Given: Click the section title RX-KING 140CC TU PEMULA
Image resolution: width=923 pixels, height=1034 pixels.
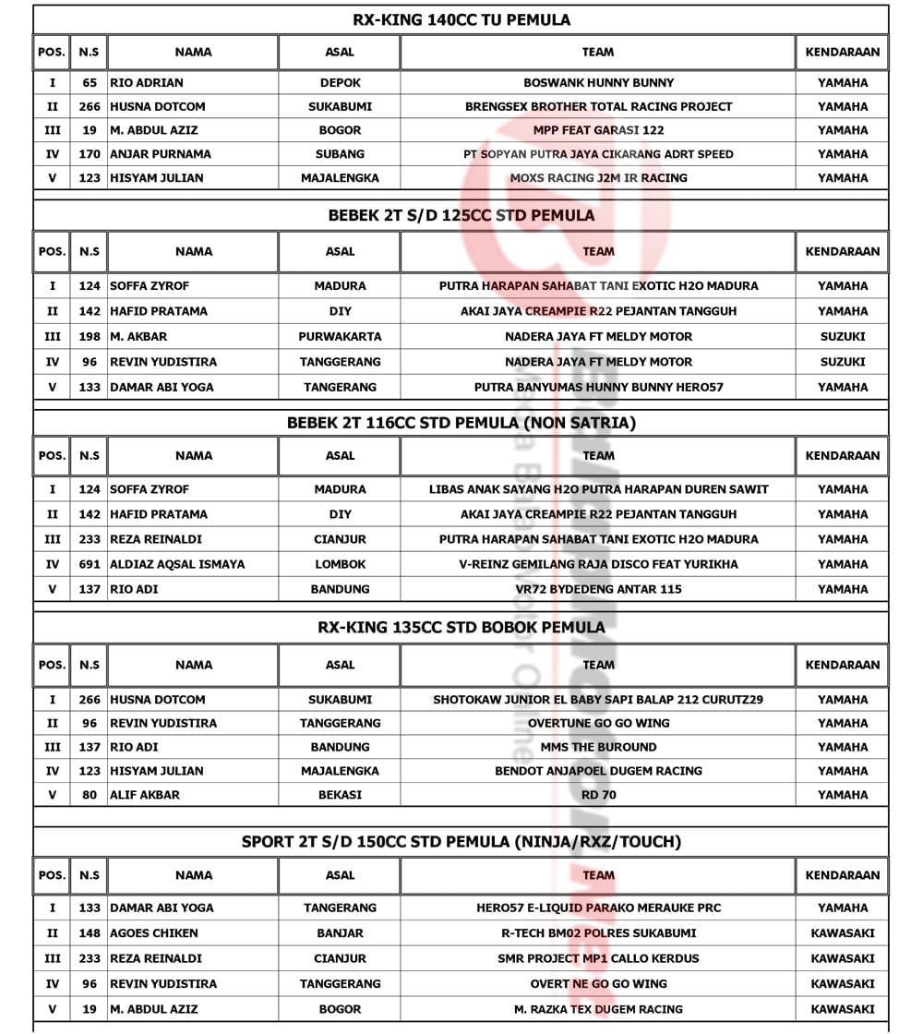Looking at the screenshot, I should (461, 19).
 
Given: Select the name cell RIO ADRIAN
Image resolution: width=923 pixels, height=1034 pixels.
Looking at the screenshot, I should (147, 82).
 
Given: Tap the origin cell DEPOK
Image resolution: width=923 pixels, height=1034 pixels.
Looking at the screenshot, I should (340, 82).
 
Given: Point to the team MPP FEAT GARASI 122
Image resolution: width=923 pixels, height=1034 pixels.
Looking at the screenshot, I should (598, 130).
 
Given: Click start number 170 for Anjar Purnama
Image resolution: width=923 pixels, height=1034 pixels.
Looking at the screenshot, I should (90, 154).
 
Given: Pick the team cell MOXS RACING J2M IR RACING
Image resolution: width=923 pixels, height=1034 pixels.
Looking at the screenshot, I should (598, 178).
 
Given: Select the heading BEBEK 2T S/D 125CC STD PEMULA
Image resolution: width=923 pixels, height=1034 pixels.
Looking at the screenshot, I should (461, 215).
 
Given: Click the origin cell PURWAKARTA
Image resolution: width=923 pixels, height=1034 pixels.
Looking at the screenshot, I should (340, 337).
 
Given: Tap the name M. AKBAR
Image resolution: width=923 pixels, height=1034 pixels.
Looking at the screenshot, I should (138, 337).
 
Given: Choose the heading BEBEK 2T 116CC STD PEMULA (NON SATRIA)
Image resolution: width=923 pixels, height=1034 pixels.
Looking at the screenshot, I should (461, 423).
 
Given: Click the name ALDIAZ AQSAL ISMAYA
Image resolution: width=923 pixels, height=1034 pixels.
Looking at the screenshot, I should (177, 564).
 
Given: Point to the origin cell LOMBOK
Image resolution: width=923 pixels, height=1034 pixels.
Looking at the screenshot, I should (340, 564).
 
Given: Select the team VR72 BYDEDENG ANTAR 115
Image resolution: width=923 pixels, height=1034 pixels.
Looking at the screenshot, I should (598, 589).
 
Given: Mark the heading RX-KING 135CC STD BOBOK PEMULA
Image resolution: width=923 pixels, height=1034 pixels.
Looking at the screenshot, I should (461, 627).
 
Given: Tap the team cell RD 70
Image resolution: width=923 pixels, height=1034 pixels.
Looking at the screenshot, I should (598, 795).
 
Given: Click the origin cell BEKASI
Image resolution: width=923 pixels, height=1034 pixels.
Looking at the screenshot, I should (340, 795).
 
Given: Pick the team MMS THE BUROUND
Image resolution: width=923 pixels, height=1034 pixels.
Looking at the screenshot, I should (598, 747).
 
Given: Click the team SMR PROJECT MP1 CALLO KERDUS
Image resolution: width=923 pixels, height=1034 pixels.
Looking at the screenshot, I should (598, 958).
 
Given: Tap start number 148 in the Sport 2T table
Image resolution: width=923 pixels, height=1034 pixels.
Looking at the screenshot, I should (90, 933).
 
